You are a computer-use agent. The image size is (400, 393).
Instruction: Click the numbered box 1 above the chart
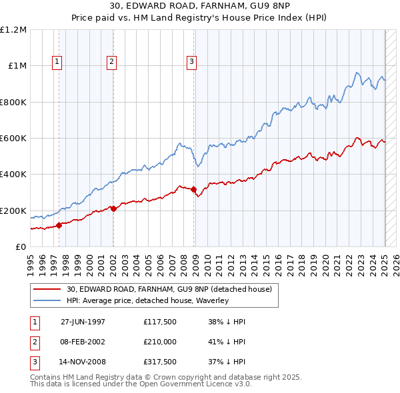(x=57, y=62)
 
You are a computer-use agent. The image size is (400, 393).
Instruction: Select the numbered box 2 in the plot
(x=111, y=62)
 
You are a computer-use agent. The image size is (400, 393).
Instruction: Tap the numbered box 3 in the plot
(x=192, y=62)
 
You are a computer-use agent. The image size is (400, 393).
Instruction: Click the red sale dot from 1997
(x=59, y=225)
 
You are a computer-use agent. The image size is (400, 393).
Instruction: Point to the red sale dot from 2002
(x=113, y=208)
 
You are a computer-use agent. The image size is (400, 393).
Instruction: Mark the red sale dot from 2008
(x=194, y=189)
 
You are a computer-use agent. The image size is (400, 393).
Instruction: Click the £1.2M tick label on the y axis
(x=13, y=30)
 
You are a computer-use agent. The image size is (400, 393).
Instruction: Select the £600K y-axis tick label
(x=13, y=139)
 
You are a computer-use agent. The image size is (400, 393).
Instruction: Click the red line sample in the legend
(x=48, y=290)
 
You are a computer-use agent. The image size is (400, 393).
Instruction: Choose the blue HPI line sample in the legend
(x=48, y=301)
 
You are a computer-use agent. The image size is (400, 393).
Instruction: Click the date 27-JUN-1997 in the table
(x=83, y=322)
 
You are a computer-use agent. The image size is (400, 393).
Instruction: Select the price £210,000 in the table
(x=159, y=342)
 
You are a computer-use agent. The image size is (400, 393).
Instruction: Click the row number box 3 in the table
(x=34, y=363)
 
